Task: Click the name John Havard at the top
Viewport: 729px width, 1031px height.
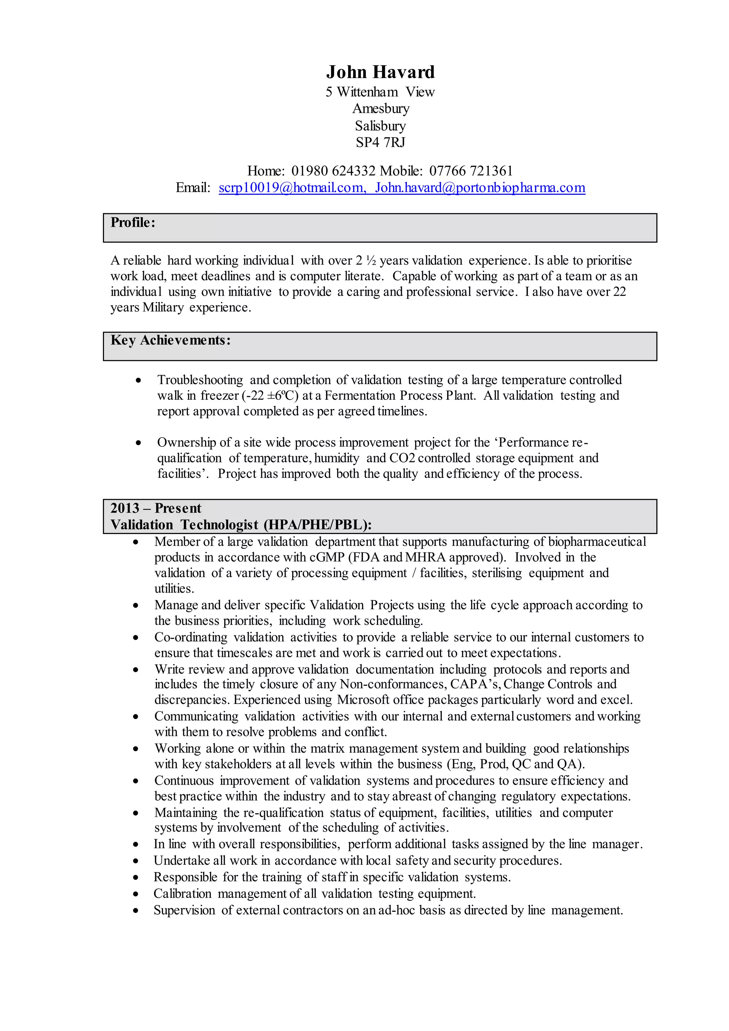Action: coord(380,72)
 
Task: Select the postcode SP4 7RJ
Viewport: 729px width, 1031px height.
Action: coord(380,142)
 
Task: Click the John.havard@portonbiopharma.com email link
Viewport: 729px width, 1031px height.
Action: coord(480,188)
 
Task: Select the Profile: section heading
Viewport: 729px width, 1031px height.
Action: coord(133,222)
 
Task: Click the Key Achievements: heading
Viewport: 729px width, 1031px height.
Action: coord(171,340)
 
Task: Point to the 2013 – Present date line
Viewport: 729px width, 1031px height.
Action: coord(156,508)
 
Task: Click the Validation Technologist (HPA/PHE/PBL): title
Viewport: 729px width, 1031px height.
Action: coord(241,524)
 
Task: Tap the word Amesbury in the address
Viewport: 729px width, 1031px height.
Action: coord(381,109)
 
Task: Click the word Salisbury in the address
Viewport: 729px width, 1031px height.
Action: coord(380,126)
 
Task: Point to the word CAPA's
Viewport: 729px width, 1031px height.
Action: coord(475,684)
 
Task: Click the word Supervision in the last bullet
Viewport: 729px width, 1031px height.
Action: coord(184,910)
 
